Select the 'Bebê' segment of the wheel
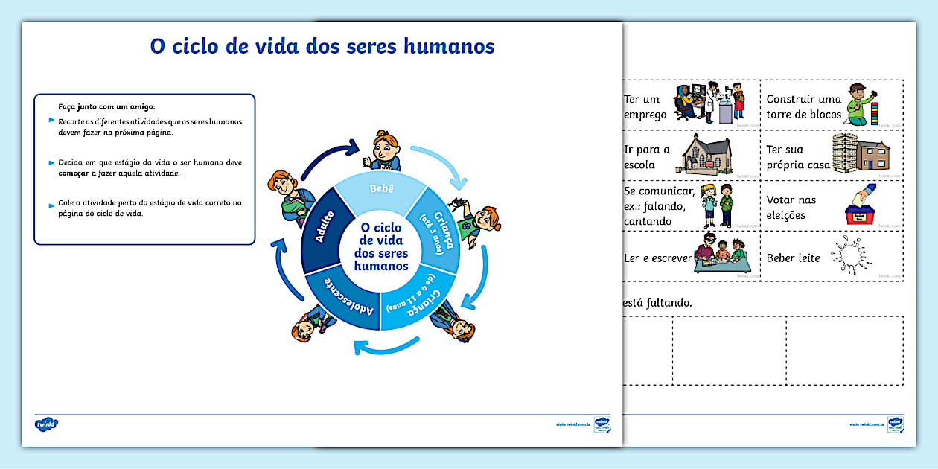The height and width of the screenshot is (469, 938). pos(381,189)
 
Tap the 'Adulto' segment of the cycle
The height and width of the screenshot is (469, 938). pos(322,231)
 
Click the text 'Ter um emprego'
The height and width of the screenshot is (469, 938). pos(645,106)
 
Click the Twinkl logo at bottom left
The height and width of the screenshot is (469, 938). pos(46,425)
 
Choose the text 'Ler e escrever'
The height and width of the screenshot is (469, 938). pos(657,258)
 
